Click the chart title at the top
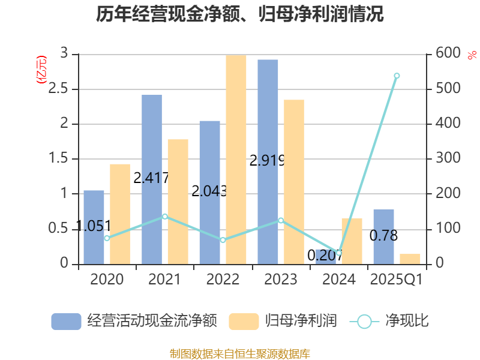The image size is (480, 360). point(240,14)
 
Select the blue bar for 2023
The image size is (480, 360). point(268,162)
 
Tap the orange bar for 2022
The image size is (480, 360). point(236,159)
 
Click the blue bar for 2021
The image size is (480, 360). point(152,179)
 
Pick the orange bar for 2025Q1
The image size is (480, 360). point(410,259)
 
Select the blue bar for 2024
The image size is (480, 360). point(326,257)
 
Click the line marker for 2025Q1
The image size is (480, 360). point(397,76)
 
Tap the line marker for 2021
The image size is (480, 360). point(165,216)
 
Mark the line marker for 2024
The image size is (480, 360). point(338,253)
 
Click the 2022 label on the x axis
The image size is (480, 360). point(223,280)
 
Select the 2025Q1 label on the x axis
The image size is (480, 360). point(397,280)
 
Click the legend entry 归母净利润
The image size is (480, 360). point(283,321)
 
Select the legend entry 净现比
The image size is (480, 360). point(390,321)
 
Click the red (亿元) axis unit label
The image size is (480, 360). point(41,70)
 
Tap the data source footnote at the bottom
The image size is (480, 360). point(240,353)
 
